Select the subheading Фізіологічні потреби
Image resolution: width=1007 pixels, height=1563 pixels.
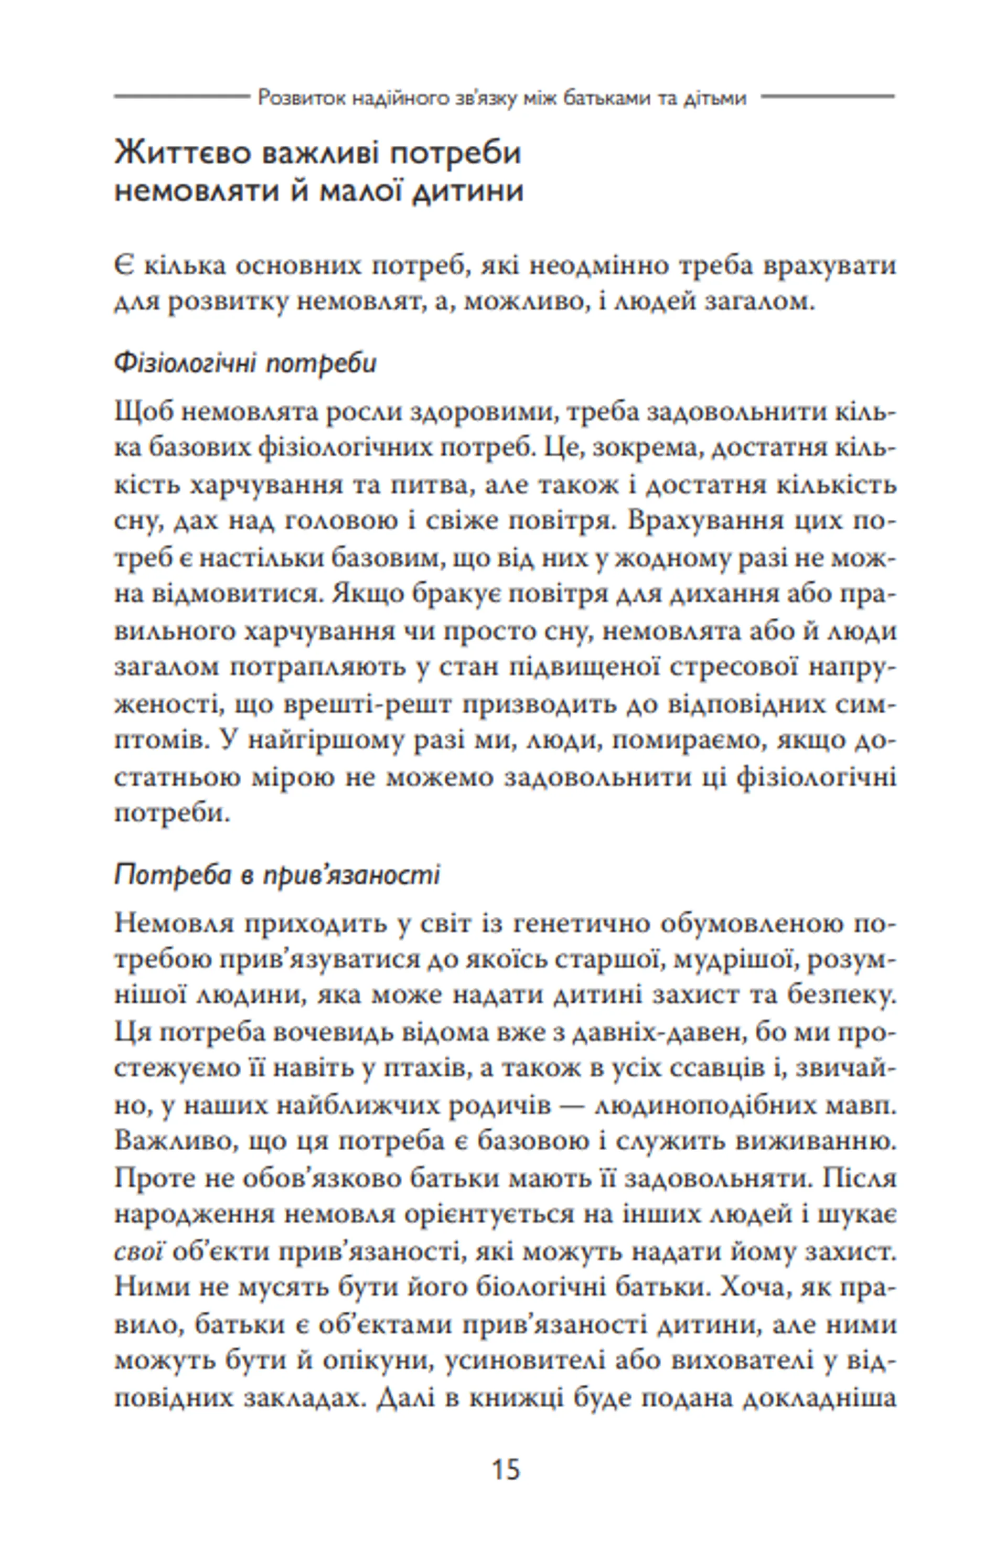pos(245,363)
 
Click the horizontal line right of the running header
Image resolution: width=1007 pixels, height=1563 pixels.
pos(828,97)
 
